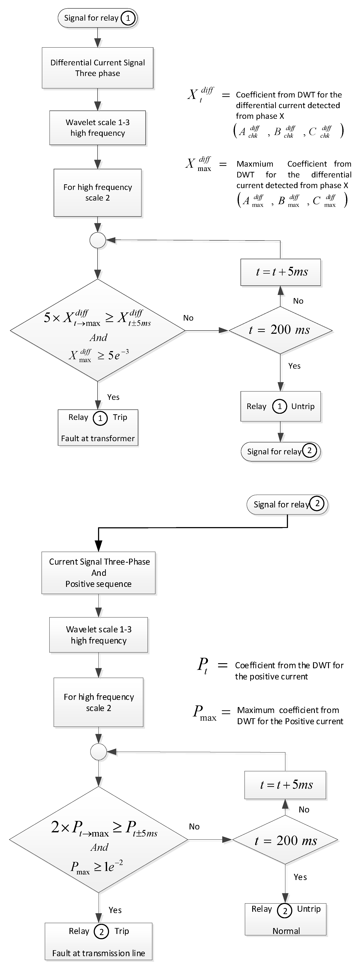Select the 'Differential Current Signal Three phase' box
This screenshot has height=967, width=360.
click(98, 68)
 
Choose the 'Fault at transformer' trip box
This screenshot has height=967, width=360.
click(98, 428)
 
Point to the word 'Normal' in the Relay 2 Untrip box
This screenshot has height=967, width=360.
click(286, 931)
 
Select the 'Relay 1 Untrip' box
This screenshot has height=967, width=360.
click(280, 407)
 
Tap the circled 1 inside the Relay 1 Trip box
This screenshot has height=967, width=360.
click(100, 418)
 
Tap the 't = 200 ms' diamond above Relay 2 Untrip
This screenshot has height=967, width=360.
click(285, 840)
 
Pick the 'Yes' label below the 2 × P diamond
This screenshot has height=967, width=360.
click(115, 910)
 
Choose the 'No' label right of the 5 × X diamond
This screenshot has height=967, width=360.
click(188, 318)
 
